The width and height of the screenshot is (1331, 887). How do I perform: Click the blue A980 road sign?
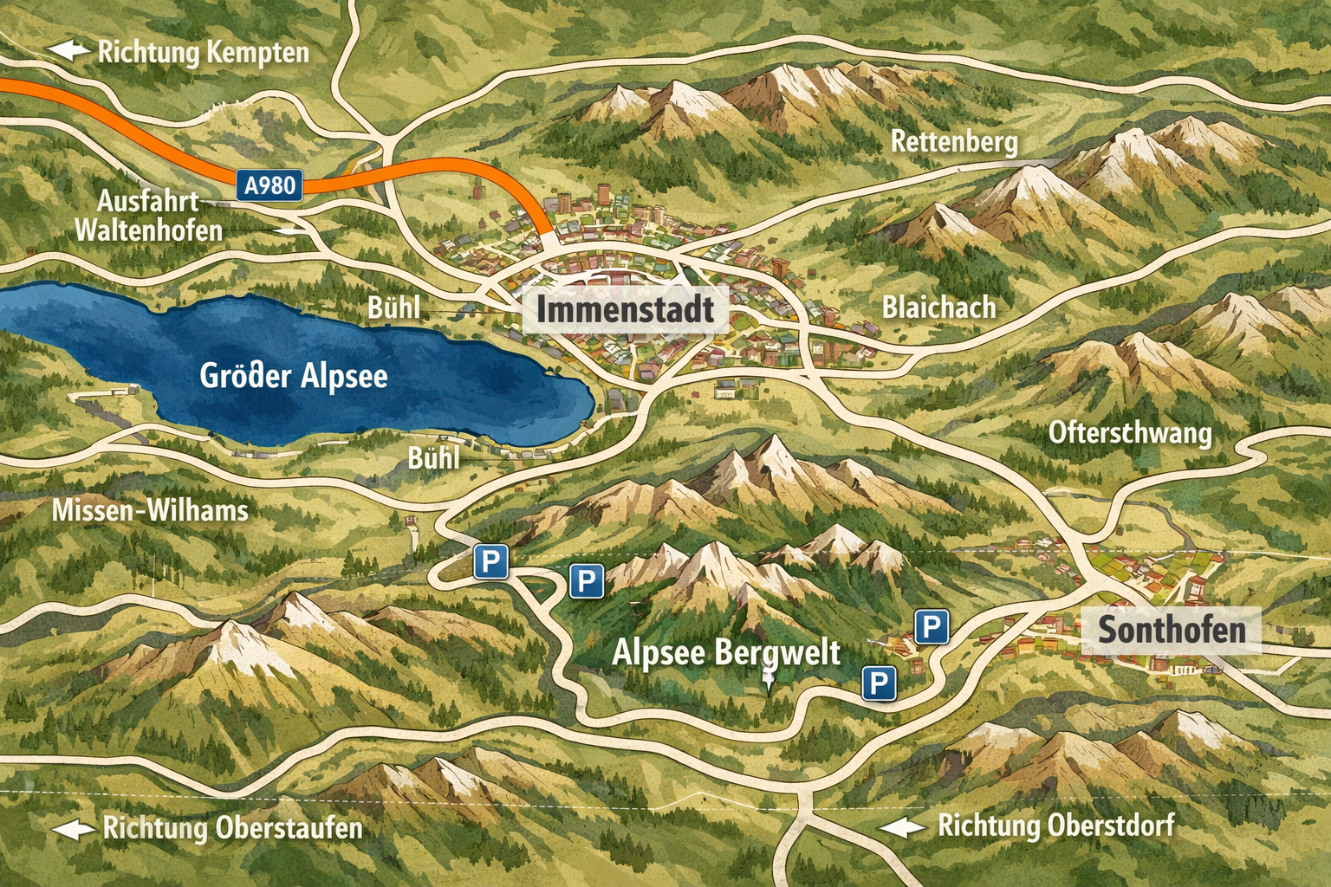tap(269, 185)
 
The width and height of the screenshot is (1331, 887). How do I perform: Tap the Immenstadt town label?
tap(625, 309)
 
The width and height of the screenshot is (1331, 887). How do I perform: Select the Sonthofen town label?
tap(1172, 630)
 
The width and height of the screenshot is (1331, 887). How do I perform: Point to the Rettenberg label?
tap(954, 141)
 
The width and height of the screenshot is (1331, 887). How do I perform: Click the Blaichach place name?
tap(938, 308)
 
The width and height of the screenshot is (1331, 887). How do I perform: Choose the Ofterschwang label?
tap(1130, 432)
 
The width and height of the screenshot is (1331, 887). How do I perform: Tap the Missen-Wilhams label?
tap(150, 510)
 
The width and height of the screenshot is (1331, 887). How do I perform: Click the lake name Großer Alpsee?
tap(293, 376)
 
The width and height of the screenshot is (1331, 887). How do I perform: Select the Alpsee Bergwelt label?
tap(726, 652)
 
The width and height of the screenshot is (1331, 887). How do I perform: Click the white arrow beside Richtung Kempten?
tap(69, 50)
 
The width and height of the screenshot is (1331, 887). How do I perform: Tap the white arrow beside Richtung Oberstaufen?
tap(75, 829)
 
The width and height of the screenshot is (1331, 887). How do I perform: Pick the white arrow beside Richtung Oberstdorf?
tap(903, 827)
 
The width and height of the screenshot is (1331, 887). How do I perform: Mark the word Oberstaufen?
tap(289, 828)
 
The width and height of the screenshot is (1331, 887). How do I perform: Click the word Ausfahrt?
tap(147, 201)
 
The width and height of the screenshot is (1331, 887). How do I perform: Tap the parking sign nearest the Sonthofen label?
tap(932, 626)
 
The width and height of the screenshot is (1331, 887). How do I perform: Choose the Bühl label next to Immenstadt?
tap(394, 308)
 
